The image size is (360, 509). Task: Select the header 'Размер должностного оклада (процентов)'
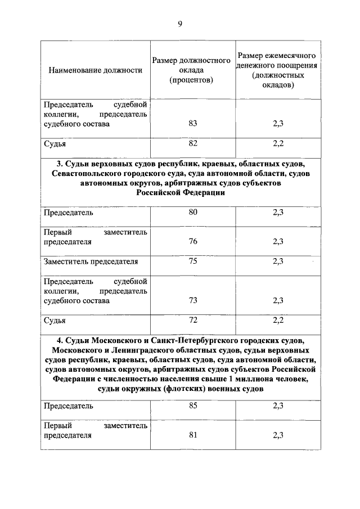tap(192, 70)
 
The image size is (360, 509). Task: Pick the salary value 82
tap(193, 143)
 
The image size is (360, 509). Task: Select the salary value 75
tap(193, 261)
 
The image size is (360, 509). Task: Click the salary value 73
tap(193, 300)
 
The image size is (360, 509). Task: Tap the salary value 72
tap(193, 319)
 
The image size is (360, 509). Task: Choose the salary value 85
tap(193, 405)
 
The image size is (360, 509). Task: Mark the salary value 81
tap(193, 435)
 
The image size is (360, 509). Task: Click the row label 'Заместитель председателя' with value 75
tap(91, 262)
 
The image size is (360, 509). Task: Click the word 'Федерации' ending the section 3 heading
tap(206, 192)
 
